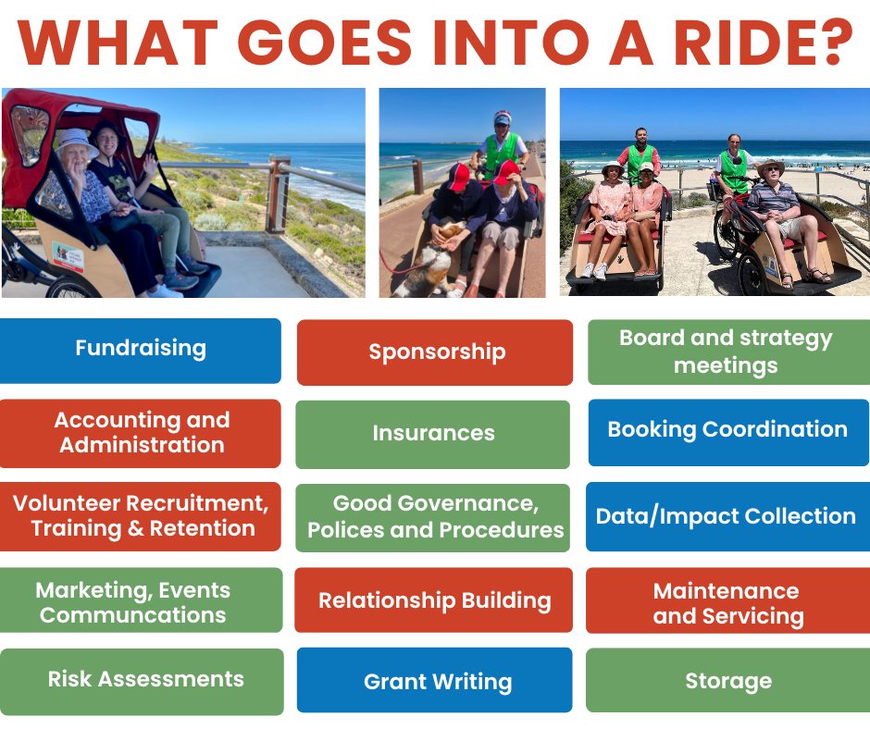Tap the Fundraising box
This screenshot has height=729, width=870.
pos(141,351)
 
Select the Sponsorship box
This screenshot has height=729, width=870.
pos(435,352)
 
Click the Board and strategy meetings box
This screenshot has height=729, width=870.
pos(728,352)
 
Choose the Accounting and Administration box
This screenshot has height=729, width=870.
pos(141,433)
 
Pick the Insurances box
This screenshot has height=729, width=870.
pos(433,435)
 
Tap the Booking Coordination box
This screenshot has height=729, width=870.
pos(728,433)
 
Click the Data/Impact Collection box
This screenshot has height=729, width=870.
pos(728,516)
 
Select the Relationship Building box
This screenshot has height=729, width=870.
pos(433,599)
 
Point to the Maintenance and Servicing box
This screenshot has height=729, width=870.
pos(728,600)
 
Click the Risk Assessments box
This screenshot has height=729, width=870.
pos(142,682)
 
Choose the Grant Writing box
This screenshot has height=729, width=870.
pos(434,680)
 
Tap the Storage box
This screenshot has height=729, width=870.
pos(728,680)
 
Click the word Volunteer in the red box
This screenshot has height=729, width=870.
pos(67,503)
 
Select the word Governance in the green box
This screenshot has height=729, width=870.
pos(467,503)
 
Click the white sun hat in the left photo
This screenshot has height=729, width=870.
pos(75,141)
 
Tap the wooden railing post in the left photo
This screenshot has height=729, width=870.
pos(277,194)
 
